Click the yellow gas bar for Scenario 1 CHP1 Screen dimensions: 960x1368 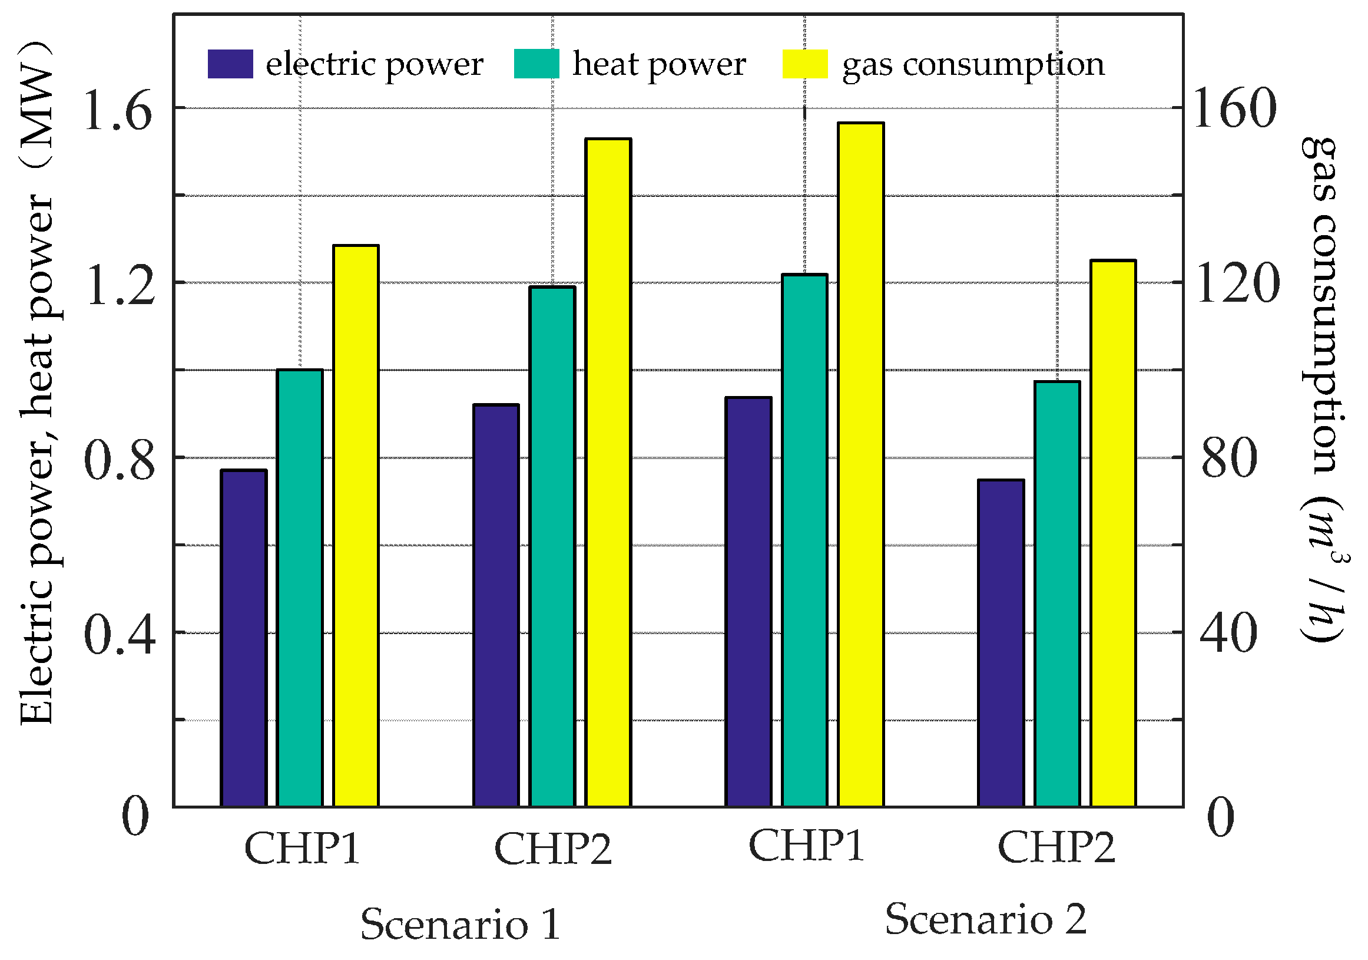(356, 525)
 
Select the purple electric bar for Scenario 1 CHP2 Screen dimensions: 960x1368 (496, 605)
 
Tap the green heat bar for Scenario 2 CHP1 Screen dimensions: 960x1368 (804, 540)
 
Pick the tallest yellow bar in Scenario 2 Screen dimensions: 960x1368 (860, 464)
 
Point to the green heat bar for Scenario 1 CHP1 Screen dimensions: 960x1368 (300, 588)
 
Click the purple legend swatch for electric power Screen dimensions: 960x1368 (230, 64)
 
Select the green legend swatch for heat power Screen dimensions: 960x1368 (536, 64)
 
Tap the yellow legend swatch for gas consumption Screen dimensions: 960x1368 (804, 64)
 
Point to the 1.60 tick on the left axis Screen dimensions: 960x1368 (118, 111)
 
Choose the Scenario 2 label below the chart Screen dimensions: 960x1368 (985, 919)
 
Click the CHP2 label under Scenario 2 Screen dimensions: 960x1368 (1056, 847)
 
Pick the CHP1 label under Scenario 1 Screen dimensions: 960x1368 (302, 847)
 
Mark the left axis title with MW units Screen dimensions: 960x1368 (37, 382)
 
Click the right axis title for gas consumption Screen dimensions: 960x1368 (1324, 388)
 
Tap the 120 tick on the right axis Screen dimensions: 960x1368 (1237, 284)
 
